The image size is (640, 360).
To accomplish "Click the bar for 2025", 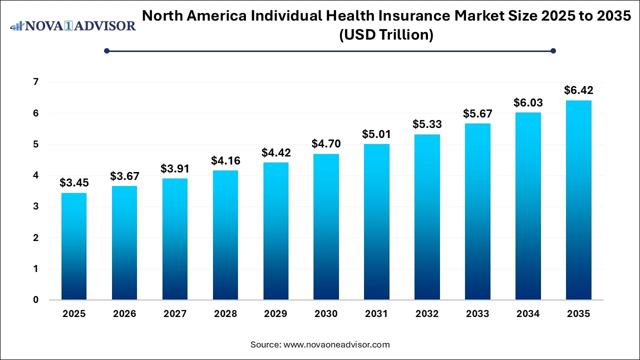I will (x=74, y=246).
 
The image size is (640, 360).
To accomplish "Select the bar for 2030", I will (x=326, y=227).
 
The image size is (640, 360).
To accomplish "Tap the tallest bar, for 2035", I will (x=578, y=200).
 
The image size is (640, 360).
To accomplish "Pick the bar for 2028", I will (x=225, y=235).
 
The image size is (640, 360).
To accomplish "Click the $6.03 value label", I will (x=528, y=102).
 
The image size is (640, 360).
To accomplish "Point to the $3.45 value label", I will (x=74, y=183).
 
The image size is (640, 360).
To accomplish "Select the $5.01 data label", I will (x=376, y=134).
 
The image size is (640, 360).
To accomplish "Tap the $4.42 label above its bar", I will (x=275, y=152).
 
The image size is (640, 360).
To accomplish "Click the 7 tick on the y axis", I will (x=35, y=82).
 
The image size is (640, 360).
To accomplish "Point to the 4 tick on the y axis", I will (x=35, y=175).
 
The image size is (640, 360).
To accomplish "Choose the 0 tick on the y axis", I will (x=35, y=300).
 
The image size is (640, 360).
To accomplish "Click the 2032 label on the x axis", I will (x=427, y=314).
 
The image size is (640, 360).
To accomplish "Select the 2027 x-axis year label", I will (x=174, y=314).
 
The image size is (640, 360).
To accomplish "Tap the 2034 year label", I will (x=528, y=314).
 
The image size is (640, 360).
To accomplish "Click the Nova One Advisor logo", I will (x=73, y=26).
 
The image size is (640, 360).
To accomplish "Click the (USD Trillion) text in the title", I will (x=386, y=35).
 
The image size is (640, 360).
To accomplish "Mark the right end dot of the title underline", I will (x=553, y=50).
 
